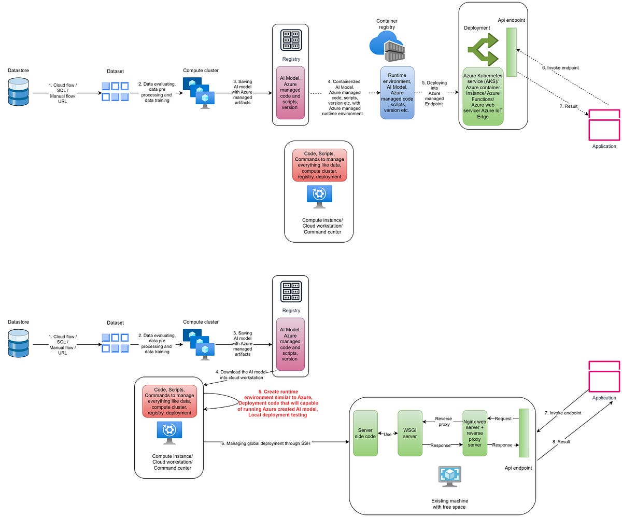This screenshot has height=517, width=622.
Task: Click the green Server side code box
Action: click(x=365, y=434)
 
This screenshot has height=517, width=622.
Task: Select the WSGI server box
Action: click(x=410, y=434)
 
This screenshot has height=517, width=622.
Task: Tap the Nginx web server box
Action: click(x=475, y=434)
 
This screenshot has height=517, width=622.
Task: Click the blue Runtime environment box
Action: click(x=397, y=92)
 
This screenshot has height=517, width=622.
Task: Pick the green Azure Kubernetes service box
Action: click(x=483, y=96)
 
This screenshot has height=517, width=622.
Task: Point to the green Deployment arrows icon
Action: click(x=483, y=50)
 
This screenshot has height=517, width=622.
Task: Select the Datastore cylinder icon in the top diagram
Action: click(x=19, y=92)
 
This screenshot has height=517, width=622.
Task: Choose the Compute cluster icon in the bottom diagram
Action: click(x=198, y=344)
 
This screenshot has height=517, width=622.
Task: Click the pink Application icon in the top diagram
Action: click(x=604, y=124)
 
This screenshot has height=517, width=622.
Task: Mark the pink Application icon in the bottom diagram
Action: click(x=604, y=376)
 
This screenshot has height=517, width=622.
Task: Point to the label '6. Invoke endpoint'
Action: click(x=560, y=67)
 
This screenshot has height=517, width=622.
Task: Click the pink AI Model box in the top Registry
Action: click(x=290, y=92)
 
